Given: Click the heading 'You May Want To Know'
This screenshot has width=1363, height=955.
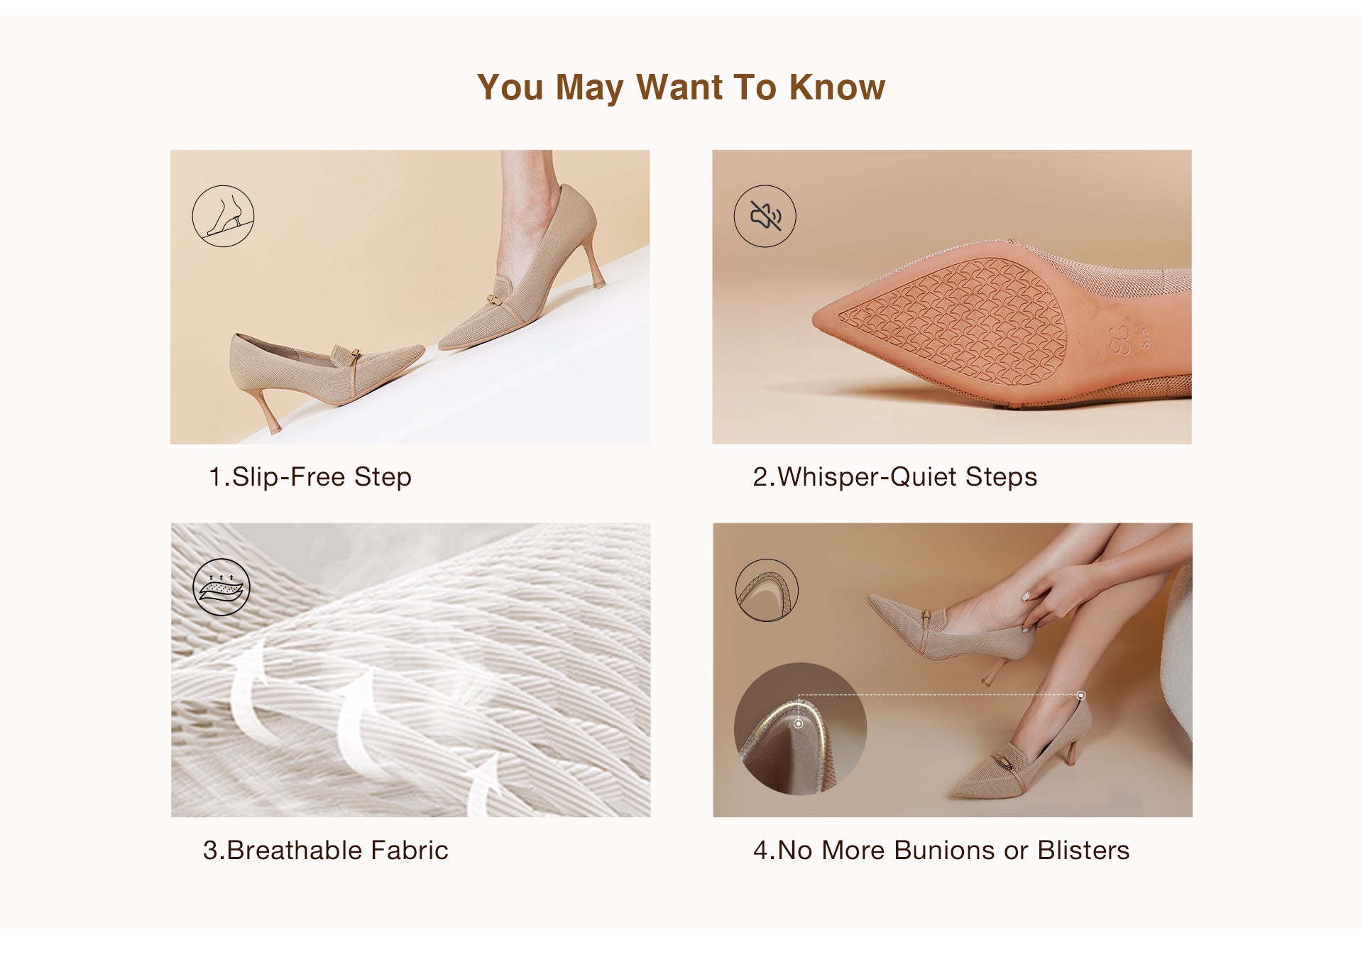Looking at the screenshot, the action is coord(681,88).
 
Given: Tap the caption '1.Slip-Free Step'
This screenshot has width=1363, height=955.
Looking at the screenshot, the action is coord(310,477).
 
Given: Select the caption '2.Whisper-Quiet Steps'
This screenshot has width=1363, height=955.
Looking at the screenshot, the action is coord(894,477).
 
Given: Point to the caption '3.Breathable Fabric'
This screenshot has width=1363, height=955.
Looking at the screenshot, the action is coord(326,850).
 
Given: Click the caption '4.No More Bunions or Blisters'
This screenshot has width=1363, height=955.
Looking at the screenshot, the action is coord(941,850).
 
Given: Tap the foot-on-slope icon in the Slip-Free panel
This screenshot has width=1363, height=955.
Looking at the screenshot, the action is coord(223,216).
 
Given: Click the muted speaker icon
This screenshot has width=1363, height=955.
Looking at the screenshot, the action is coord(765,216).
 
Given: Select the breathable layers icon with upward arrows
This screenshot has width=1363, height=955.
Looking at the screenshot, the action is coord(221,587).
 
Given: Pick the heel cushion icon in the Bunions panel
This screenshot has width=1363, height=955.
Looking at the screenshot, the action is coord(767,590).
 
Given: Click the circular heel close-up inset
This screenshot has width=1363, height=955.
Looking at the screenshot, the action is coord(800,728).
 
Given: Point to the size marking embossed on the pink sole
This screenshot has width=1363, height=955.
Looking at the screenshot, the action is coord(1129,339).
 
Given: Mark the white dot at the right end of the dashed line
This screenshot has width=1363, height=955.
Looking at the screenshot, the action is coord(1080,696).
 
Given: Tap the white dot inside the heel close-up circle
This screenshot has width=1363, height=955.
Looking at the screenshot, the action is coord(799,724).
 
